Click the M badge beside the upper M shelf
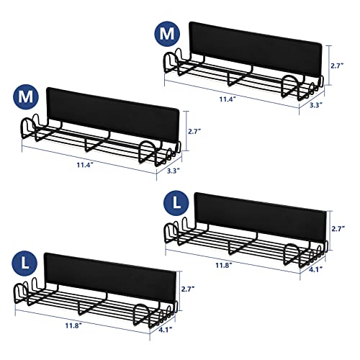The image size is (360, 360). (x=167, y=34)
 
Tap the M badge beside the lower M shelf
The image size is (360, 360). (x=25, y=97)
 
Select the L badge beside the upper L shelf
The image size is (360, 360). (x=176, y=204)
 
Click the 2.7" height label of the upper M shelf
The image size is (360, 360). (x=338, y=66)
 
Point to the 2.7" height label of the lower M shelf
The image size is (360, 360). (x=194, y=131)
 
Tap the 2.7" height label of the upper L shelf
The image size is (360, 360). (x=338, y=229)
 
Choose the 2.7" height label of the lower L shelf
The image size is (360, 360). (x=188, y=289)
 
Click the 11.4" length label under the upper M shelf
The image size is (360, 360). (x=227, y=99)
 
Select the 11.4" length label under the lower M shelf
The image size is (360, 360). (x=85, y=165)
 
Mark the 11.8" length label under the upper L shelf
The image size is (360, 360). (x=224, y=266)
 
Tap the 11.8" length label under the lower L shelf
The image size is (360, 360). (x=73, y=325)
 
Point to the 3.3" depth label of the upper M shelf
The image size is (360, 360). (x=316, y=105)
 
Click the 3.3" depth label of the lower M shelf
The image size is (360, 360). (x=174, y=171)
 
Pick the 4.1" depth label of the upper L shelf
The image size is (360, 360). (x=315, y=269)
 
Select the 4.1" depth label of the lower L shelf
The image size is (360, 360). (x=166, y=330)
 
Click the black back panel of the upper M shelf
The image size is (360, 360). (x=255, y=49)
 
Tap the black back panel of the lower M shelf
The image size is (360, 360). (x=113, y=114)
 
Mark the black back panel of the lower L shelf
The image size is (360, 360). (x=110, y=278)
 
